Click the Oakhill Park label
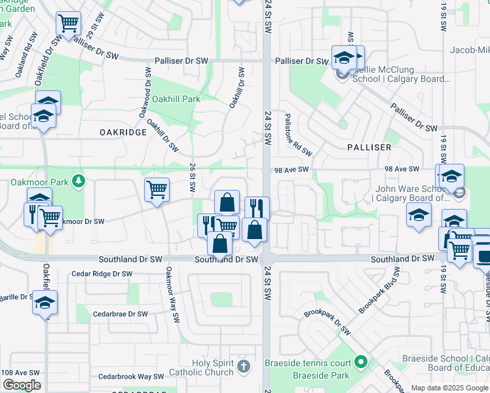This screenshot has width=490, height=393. click(176, 99)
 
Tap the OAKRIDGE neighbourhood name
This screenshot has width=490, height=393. click(123, 132)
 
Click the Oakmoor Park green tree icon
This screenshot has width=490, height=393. click(79, 179)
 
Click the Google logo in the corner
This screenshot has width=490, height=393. click(22, 385)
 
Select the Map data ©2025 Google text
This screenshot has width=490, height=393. click(449, 388)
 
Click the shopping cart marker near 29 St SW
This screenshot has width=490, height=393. click(68, 24)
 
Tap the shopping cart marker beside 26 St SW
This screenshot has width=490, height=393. click(157, 190)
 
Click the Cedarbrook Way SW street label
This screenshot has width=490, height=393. click(131, 377)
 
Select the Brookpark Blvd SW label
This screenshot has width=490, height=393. click(379, 290)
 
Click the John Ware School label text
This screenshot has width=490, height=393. click(403, 191)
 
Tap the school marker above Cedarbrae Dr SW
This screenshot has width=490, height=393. click(45, 303)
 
